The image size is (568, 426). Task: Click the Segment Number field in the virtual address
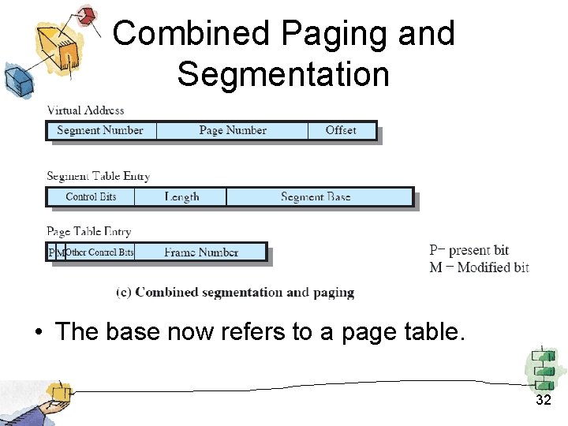point(100,130)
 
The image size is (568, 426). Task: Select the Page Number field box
point(233,130)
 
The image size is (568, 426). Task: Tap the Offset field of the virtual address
point(341,130)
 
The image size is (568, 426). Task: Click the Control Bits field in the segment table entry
point(91,196)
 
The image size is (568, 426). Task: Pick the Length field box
point(181,196)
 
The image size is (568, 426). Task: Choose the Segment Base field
point(316,196)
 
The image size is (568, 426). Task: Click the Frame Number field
point(201,252)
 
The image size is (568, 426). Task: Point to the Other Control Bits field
point(99,252)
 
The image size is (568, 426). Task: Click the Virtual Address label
point(85,110)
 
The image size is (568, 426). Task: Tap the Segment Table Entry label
point(98,176)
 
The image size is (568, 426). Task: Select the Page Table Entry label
point(88,232)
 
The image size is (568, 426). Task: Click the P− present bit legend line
point(469,251)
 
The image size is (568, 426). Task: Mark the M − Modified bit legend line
point(479,267)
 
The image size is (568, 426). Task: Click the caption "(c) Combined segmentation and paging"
point(235,293)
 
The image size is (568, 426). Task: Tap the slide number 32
point(543,400)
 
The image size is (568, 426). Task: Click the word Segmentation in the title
point(283,75)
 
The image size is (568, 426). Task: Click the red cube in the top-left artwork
point(88,15)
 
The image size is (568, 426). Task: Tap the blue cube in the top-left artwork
point(17,77)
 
